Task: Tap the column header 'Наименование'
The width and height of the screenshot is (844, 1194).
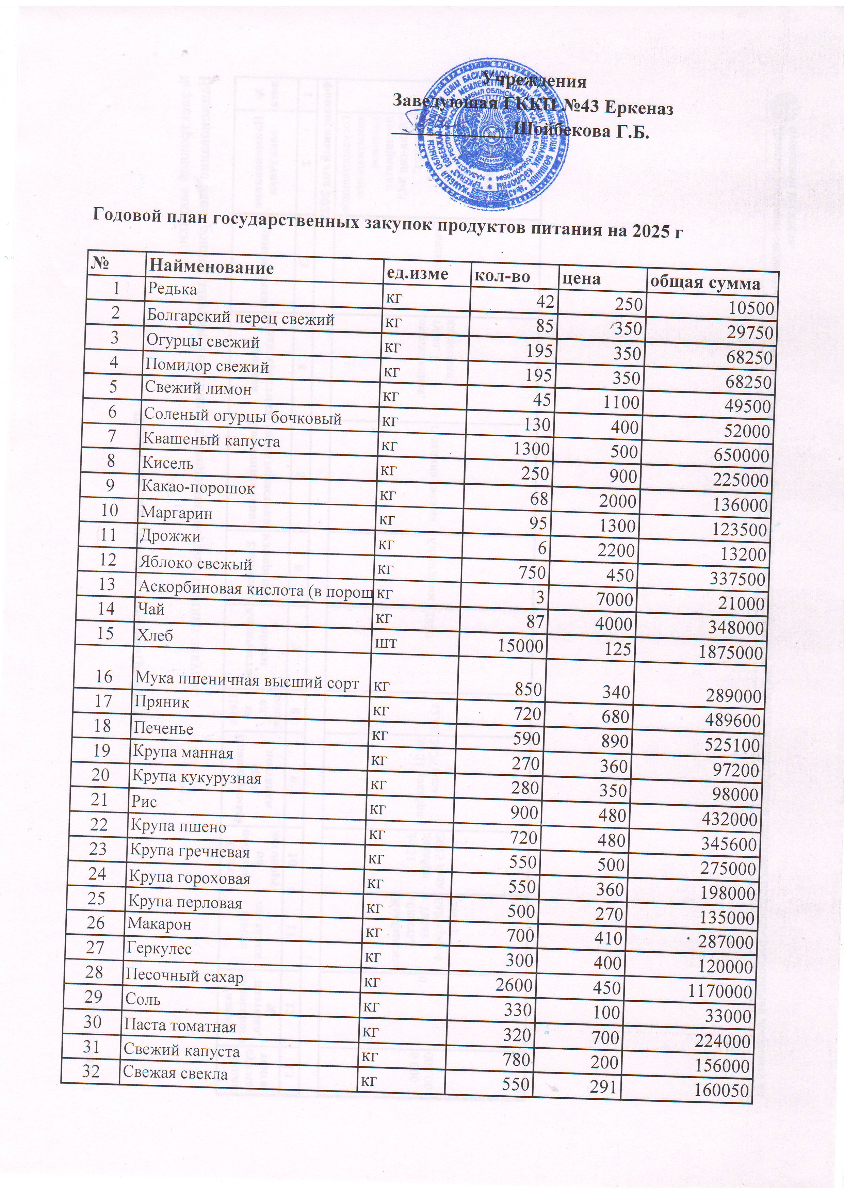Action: (x=211, y=267)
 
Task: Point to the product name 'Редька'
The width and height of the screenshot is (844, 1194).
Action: (x=173, y=289)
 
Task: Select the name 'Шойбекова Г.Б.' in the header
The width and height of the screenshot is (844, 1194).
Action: (x=582, y=132)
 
